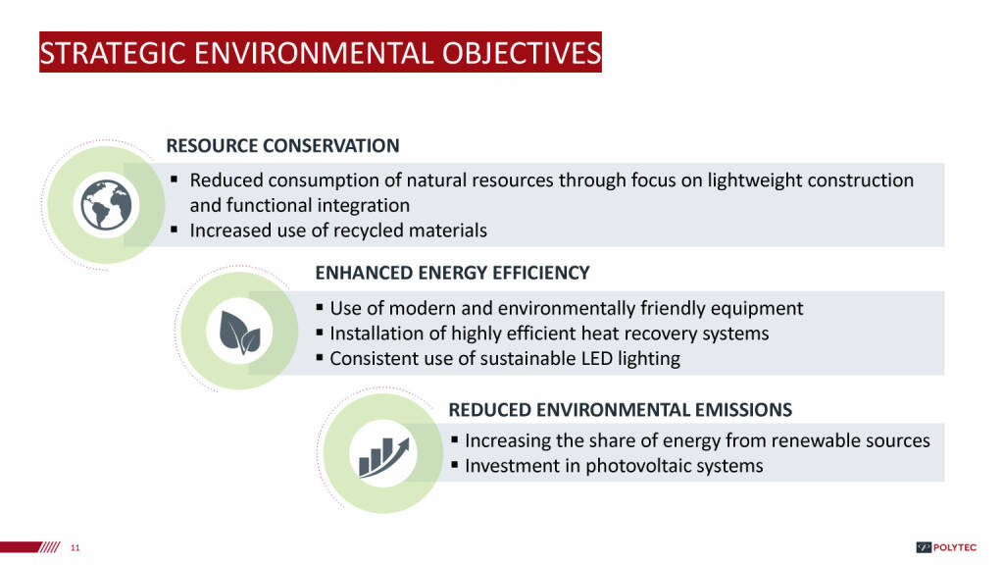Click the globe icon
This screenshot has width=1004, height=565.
[106, 205]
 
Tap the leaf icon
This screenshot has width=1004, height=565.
[239, 332]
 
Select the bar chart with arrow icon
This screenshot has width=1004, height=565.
[383, 457]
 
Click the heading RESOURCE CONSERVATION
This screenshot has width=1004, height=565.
[282, 146]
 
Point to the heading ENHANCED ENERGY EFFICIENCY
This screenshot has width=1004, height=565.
[452, 273]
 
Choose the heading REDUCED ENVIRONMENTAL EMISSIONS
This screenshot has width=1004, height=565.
[620, 410]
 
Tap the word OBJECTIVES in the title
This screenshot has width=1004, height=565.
[522, 53]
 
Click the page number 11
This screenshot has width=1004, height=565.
[75, 547]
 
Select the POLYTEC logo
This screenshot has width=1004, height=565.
[946, 547]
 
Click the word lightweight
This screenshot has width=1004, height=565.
[754, 181]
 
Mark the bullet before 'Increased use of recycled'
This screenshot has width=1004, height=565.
[175, 230]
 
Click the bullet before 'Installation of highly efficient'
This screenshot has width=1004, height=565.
[320, 333]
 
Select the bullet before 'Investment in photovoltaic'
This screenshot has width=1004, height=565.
[455, 464]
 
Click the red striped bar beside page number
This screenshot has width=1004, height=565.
[30, 547]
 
